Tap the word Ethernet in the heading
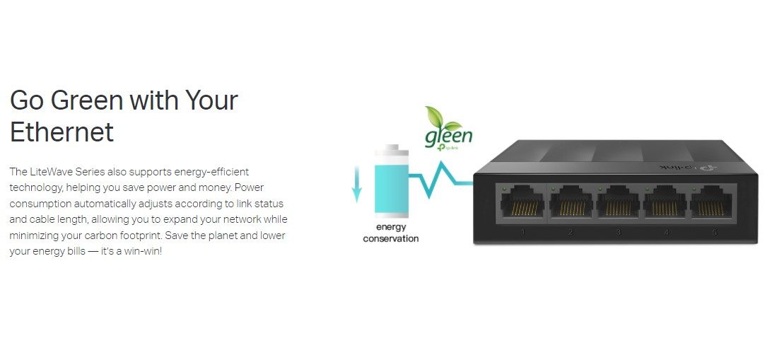pos(62,132)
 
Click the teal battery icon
pos(390,186)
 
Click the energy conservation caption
pos(390,233)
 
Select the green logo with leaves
pos(447,127)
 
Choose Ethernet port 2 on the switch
pos(571,203)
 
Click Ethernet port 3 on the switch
pos(619,203)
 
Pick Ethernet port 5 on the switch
pos(713,203)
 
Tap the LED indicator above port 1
pos(503,189)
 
